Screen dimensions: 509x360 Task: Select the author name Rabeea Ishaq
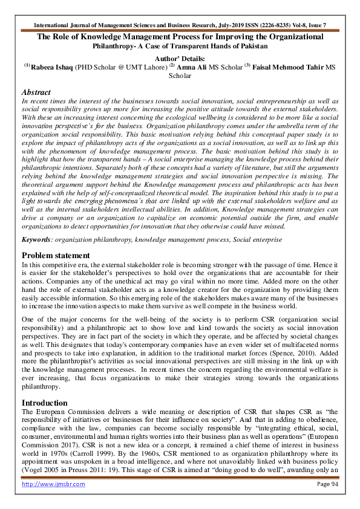53,67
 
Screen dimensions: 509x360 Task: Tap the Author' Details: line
180,58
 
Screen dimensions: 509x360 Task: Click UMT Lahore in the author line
146,67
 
